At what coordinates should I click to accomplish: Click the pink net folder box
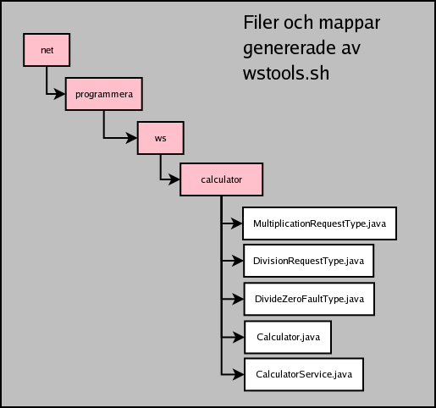[47, 50]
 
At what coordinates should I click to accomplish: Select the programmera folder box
[104, 94]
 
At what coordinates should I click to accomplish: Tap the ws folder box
[161, 138]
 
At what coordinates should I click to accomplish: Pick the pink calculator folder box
[222, 179]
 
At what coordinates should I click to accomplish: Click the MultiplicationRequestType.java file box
[319, 223]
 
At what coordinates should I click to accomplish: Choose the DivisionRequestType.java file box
[308, 261]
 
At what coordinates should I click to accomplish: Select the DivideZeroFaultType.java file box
[309, 299]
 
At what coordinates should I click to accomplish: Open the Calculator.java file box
[288, 337]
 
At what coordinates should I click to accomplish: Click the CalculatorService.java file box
[304, 374]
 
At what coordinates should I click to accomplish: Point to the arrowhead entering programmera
[60, 94]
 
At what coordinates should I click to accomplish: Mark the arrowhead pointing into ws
[132, 138]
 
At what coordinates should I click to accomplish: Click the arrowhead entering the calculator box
[174, 179]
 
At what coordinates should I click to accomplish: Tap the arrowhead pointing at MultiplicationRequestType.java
[237, 223]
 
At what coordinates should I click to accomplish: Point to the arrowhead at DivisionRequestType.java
[238, 261]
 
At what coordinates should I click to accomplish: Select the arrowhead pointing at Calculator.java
[239, 337]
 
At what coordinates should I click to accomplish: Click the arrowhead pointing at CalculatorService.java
[239, 374]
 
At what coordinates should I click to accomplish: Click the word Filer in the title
[262, 22]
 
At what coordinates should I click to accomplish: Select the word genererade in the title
[290, 49]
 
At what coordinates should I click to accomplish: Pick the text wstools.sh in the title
[286, 74]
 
